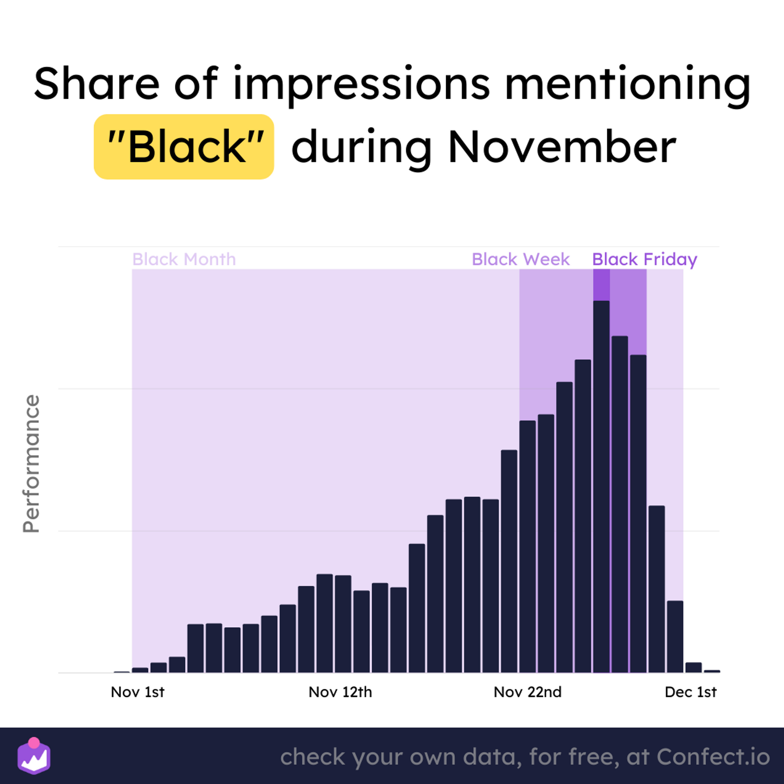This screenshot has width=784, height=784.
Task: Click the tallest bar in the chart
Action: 601,486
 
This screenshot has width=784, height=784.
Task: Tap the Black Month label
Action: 184,259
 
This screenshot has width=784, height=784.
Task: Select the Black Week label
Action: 521,259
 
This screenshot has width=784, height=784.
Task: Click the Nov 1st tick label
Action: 138,692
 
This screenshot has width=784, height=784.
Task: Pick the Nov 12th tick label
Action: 340,692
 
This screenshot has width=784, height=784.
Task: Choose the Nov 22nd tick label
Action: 528,692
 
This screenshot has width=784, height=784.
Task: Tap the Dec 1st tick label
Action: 691,692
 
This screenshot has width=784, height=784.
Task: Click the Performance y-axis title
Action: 31,463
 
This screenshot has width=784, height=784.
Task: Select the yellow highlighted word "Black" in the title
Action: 184,147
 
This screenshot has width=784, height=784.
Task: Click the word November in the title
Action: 562,147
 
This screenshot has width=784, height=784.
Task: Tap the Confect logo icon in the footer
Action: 34,756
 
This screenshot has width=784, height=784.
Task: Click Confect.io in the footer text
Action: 713,757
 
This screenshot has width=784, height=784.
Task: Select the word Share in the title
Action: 96,83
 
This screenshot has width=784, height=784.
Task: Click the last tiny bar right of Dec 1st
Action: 712,671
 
